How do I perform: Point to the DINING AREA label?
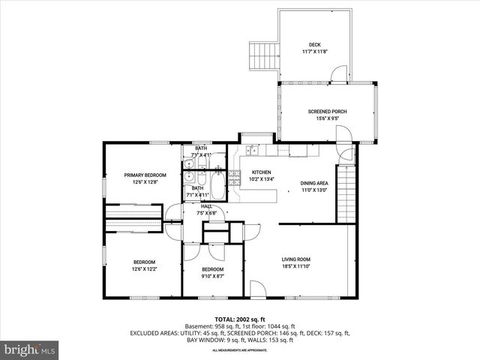coord(314,183)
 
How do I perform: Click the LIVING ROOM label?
coord(295,259)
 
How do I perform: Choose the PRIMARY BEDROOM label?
coord(145,175)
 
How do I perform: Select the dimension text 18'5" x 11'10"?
coord(295,266)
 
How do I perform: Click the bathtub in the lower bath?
coord(217,185)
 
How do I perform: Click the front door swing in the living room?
coord(257,288)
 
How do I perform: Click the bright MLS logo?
coord(30,349)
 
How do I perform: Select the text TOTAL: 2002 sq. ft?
coord(239,319)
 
